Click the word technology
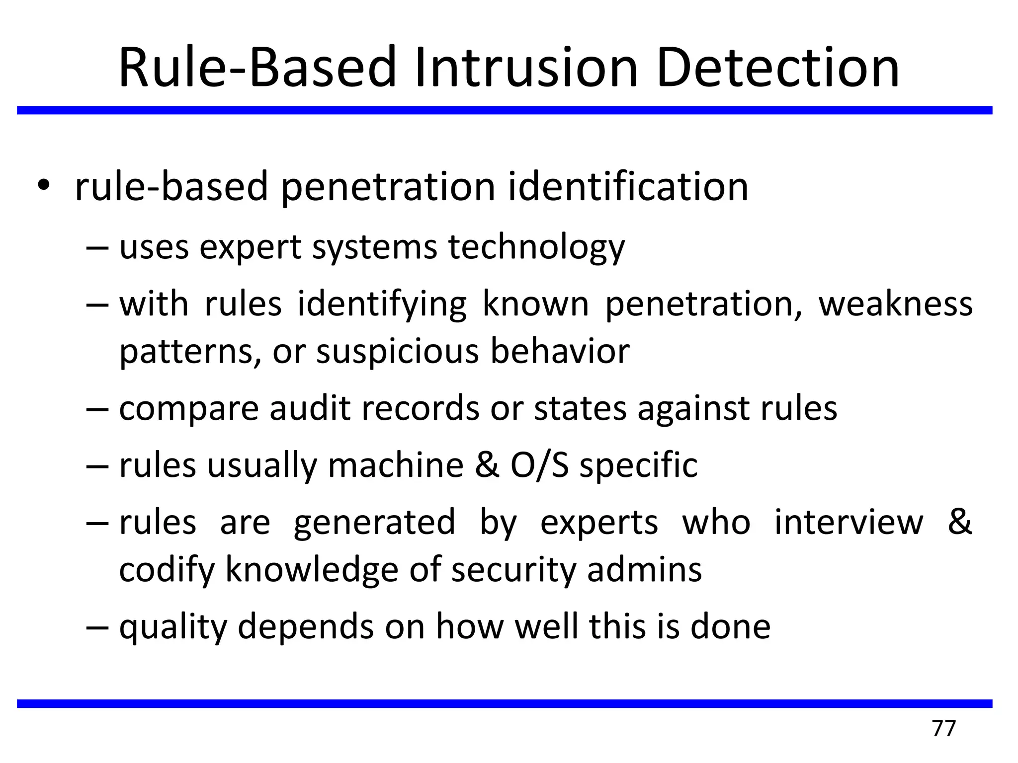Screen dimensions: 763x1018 click(x=536, y=247)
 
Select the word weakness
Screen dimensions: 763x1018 click(x=895, y=304)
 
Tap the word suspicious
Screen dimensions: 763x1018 click(x=398, y=351)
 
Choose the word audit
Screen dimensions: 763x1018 click(x=310, y=408)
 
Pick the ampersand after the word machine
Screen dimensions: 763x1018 click(x=487, y=465)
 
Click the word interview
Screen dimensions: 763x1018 click(x=848, y=523)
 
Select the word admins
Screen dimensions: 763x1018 click(x=644, y=569)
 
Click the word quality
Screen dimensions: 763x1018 click(x=172, y=627)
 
